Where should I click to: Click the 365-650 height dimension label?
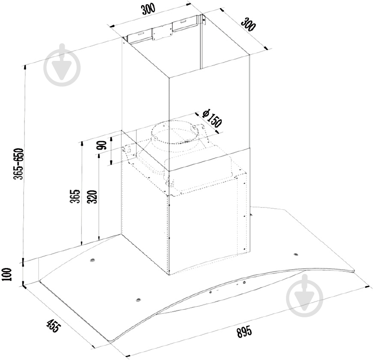click(19, 164)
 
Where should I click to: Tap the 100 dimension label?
click(7, 274)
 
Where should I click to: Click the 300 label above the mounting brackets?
click(148, 9)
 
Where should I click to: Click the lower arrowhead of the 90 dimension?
click(111, 162)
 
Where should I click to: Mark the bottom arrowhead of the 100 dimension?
click(23, 284)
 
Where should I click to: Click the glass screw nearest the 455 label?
click(138, 300)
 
